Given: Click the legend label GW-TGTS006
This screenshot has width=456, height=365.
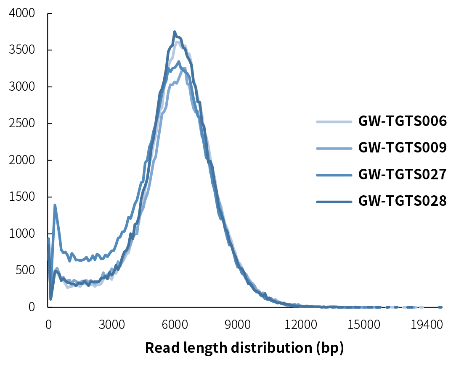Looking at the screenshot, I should (x=402, y=122).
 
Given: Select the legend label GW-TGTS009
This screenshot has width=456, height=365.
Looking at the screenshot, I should (x=402, y=148).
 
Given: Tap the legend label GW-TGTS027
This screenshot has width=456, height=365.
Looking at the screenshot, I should (x=402, y=174).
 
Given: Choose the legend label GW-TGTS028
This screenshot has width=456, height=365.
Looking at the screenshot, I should (x=402, y=201).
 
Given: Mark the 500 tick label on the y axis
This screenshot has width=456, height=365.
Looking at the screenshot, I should (x=24, y=270).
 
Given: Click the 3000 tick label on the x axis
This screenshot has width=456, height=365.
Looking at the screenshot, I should (x=111, y=324).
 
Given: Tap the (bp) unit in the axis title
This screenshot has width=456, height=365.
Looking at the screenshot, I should (x=331, y=348).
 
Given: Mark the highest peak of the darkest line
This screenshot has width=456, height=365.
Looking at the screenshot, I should (x=175, y=32).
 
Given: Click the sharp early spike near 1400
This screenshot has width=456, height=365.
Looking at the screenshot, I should (x=55, y=205).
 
